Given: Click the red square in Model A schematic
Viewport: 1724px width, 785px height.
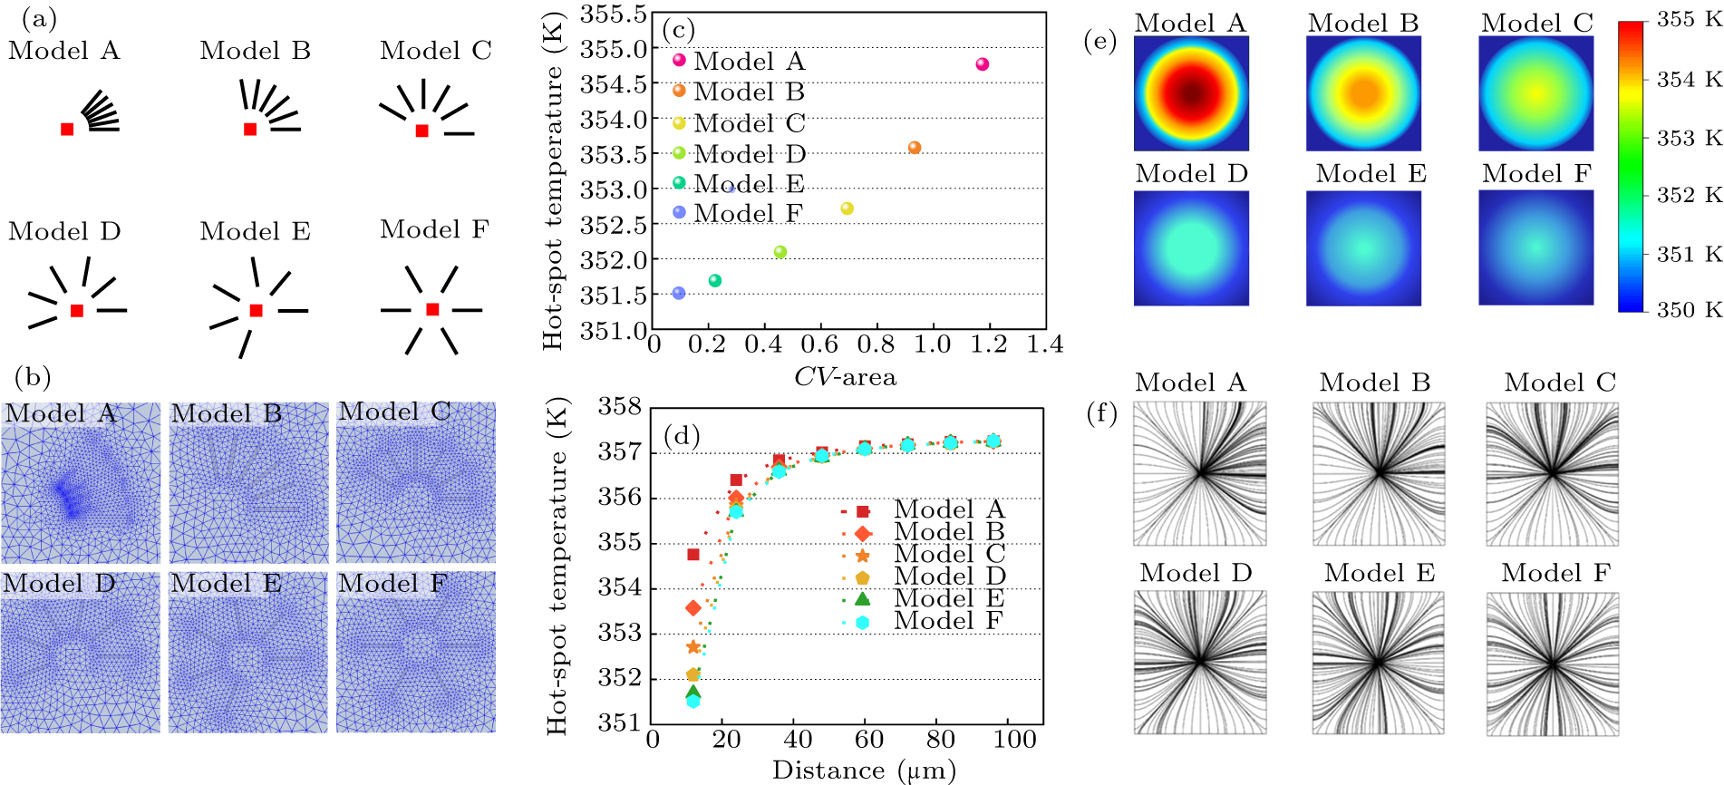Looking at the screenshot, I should pos(67,130).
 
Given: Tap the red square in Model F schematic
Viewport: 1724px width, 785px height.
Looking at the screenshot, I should pos(432,310).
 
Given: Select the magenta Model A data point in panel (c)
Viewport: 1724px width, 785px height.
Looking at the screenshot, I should pos(982,64).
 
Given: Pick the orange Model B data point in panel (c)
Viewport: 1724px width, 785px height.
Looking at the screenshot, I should pos(914,148).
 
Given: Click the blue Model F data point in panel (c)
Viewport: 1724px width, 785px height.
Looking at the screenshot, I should pos(679,293).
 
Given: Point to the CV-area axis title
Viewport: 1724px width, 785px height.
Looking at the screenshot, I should pos(845,377).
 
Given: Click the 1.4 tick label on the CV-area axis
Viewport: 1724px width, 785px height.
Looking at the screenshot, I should pos(1045,345).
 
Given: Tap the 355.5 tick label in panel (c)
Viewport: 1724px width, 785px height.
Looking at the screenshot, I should pos(613,15).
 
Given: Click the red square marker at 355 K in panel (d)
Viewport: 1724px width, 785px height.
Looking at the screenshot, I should pos(693,555).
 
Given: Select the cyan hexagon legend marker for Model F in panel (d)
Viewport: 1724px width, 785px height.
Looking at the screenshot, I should pos(862,622).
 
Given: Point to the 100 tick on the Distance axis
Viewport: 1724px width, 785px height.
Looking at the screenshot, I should pos(1014,740).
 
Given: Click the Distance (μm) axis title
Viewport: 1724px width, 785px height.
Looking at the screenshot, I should pos(863,770).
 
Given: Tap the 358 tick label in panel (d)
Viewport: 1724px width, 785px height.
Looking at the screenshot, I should pos(620,407).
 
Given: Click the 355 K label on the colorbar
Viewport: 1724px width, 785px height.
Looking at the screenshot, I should pos(1689,20).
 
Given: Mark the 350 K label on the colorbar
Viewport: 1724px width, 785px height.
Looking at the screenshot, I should pos(1689,310).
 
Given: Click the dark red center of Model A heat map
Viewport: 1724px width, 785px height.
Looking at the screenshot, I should pos(1191,92).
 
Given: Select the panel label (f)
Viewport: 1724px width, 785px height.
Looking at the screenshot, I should pos(1100,414).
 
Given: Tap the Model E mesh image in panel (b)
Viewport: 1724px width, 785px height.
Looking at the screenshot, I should pos(247,652).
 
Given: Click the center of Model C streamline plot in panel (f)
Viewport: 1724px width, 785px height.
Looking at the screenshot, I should pos(1552,473).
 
